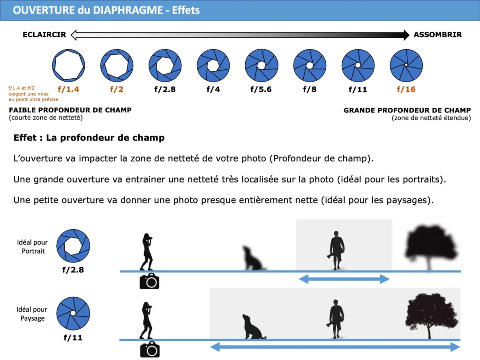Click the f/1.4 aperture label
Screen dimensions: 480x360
[x=68, y=90]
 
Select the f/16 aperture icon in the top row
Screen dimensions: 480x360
[x=406, y=65]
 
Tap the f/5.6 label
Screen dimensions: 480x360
[x=261, y=90]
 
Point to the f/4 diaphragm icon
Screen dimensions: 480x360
[x=213, y=65]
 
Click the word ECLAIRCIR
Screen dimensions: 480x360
[x=45, y=35]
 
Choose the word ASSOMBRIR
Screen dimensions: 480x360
[x=438, y=35]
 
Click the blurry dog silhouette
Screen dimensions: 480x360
[x=254, y=258]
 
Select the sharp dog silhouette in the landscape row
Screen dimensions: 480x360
[x=254, y=326]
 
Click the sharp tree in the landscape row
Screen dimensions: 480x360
[x=432, y=315]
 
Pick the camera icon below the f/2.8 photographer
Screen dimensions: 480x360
[x=150, y=281]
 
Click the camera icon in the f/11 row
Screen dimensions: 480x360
[x=150, y=349]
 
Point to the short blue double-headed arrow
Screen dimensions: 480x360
[x=344, y=279]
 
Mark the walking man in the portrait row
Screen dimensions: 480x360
[x=336, y=250]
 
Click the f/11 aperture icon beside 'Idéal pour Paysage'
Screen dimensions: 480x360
[x=73, y=313]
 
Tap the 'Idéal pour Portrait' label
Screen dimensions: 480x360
[x=32, y=247]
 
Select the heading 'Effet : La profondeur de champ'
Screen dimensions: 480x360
[x=89, y=138]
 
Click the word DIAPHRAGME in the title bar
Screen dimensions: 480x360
[x=127, y=10]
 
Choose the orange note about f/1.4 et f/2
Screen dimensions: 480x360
[x=33, y=94]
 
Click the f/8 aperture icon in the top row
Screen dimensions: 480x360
[x=310, y=65]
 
